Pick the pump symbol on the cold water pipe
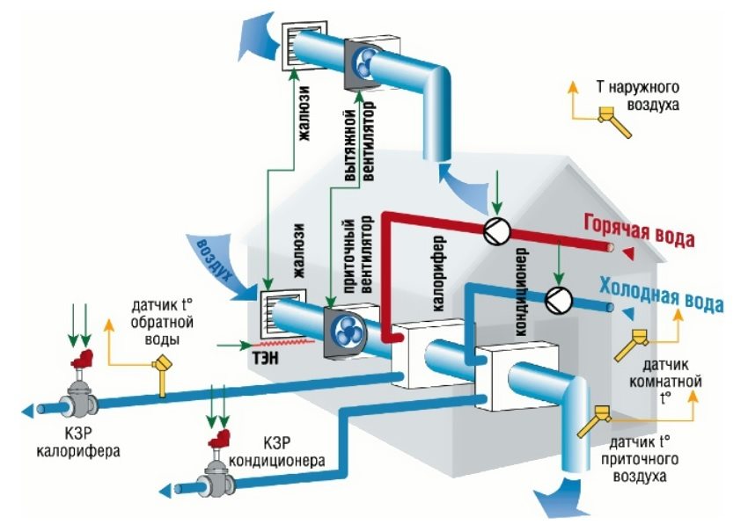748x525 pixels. pyautogui.click(x=558, y=298)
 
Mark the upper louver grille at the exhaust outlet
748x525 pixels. pyautogui.click(x=299, y=42)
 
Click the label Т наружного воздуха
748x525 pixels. pyautogui.click(x=652, y=96)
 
